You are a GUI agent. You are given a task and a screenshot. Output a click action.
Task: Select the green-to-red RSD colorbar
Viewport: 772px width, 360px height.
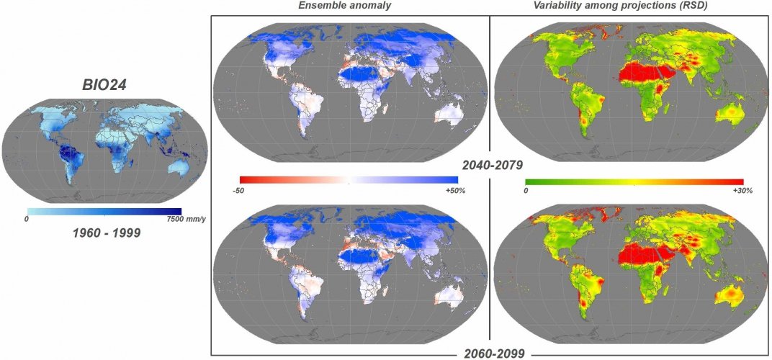pos(634,181)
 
